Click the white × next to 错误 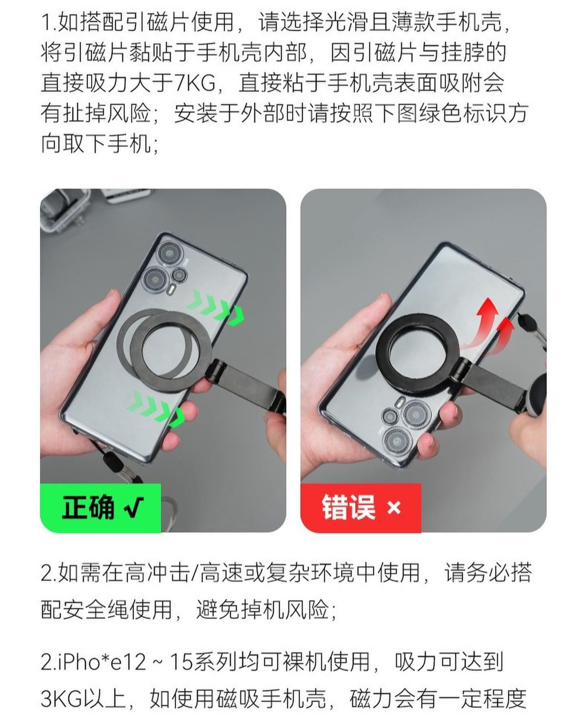[x=394, y=508]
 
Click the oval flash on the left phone [x=172, y=289]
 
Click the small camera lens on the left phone [x=179, y=274]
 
